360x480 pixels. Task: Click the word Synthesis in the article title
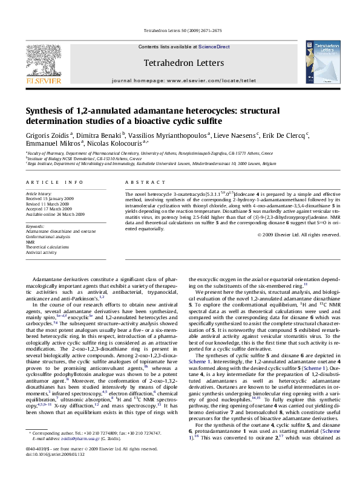pos(46,111)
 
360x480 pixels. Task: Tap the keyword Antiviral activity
pos(42,251)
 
